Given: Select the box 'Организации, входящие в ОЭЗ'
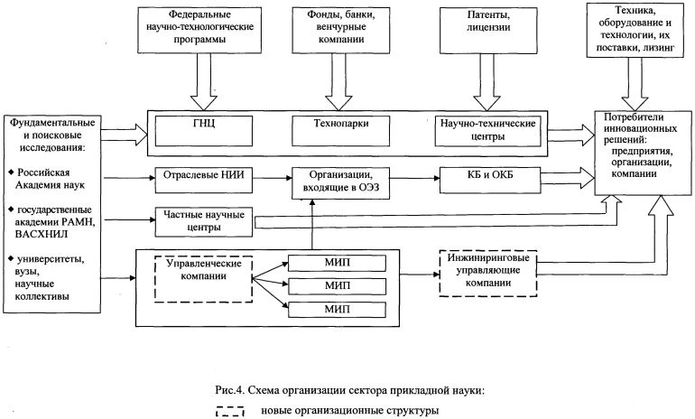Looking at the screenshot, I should click(335, 182).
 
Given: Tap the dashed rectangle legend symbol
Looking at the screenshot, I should click(230, 412).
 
